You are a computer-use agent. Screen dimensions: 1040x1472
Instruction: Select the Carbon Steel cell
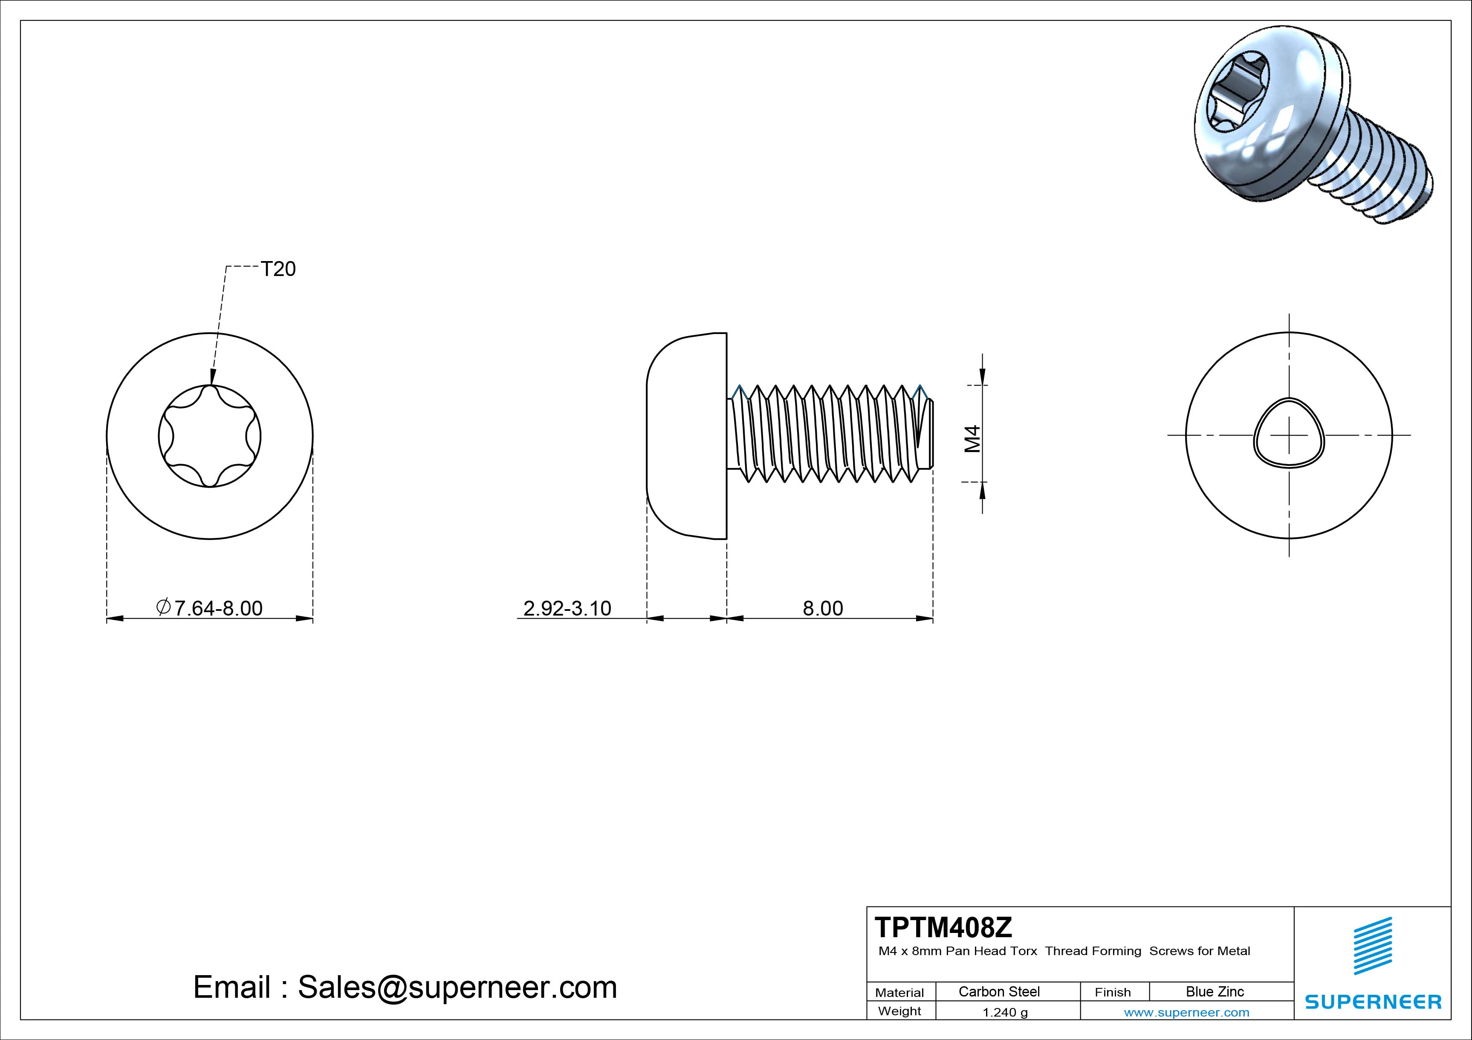[x=999, y=991]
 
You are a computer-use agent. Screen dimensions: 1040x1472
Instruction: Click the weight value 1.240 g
[x=1005, y=1012]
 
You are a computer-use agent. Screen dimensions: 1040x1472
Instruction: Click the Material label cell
[x=899, y=993]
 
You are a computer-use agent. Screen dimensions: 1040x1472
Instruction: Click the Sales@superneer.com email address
[x=457, y=988]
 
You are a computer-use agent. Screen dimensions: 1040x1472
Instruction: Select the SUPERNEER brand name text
[x=1373, y=1002]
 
